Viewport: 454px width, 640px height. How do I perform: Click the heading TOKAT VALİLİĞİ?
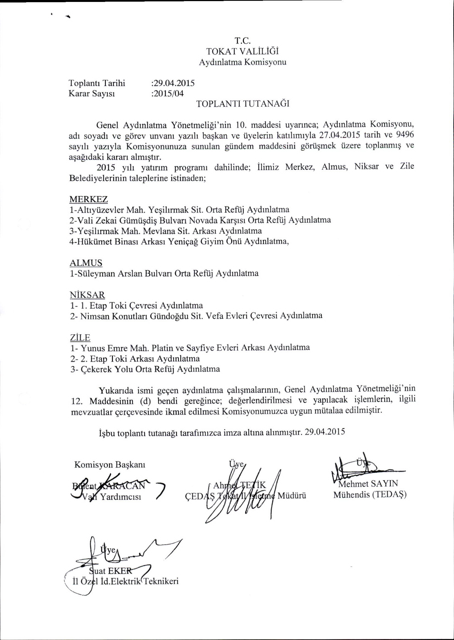pos(242,52)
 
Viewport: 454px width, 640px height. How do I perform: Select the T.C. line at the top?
pos(242,41)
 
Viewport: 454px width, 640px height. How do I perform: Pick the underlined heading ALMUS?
pos(86,263)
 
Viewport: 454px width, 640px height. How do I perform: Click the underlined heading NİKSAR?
pos(87,294)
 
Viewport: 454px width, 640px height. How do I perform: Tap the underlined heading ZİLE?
pos(80,337)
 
